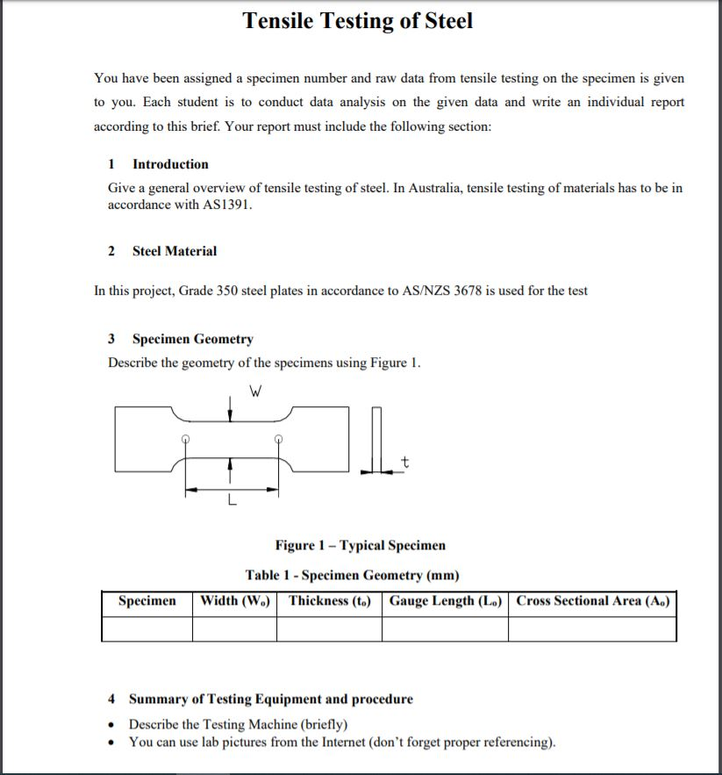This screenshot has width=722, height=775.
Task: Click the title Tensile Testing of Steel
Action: click(x=357, y=21)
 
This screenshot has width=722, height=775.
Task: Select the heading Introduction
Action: click(x=170, y=164)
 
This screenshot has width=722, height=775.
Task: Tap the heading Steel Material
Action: click(x=174, y=251)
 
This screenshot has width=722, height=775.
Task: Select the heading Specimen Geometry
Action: click(x=192, y=339)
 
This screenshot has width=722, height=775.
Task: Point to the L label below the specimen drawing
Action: click(x=231, y=503)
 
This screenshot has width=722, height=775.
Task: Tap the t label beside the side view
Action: click(x=404, y=462)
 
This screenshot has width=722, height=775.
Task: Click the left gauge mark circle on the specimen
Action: click(x=184, y=439)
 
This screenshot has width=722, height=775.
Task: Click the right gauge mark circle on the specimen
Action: click(x=279, y=439)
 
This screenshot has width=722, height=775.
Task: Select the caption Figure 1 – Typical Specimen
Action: click(x=360, y=545)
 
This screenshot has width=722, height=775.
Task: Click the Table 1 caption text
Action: click(x=352, y=575)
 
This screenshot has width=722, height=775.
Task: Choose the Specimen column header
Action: click(x=147, y=601)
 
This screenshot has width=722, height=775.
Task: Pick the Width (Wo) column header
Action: click(x=235, y=601)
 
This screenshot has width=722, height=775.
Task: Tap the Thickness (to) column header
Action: click(x=329, y=601)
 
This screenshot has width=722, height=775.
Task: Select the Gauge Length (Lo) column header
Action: click(x=445, y=601)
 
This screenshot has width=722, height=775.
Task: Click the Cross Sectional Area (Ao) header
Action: click(x=592, y=601)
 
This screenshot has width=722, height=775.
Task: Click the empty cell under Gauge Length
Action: click(x=445, y=629)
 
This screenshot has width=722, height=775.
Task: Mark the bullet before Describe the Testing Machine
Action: click(x=111, y=725)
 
